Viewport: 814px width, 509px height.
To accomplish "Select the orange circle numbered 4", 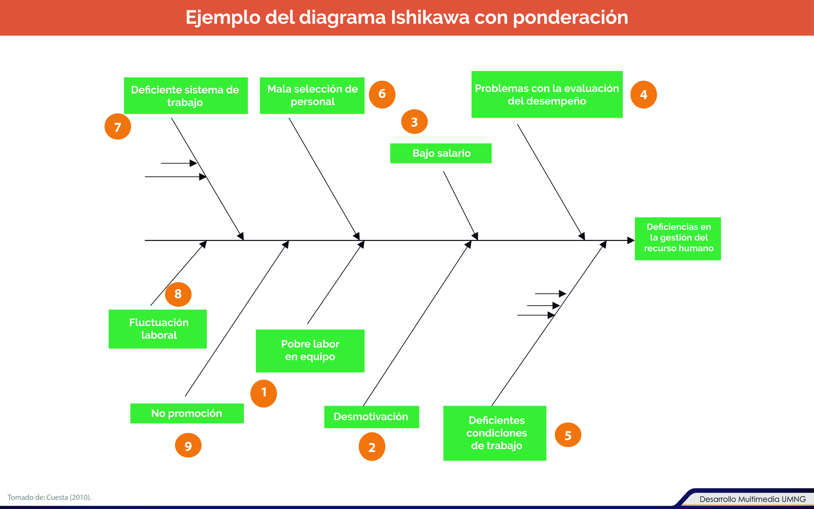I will click(x=644, y=95).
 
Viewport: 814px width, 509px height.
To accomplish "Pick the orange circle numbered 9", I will click(x=188, y=445).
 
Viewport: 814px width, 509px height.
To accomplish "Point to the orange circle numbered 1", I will click(x=264, y=393).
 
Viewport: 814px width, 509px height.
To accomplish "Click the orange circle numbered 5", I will click(x=568, y=435).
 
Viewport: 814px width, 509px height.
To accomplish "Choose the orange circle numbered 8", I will click(x=178, y=294).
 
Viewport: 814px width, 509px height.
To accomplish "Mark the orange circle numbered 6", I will click(x=382, y=94).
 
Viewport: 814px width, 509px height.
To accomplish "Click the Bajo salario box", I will click(x=441, y=153).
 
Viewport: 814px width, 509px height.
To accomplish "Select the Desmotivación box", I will click(x=371, y=417).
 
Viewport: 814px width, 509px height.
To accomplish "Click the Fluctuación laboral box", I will click(x=158, y=329).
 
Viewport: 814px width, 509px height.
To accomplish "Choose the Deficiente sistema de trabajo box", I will click(x=186, y=96).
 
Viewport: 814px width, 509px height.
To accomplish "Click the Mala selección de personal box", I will click(x=312, y=96).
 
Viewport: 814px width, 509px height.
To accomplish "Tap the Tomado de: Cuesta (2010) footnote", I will click(x=49, y=497).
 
